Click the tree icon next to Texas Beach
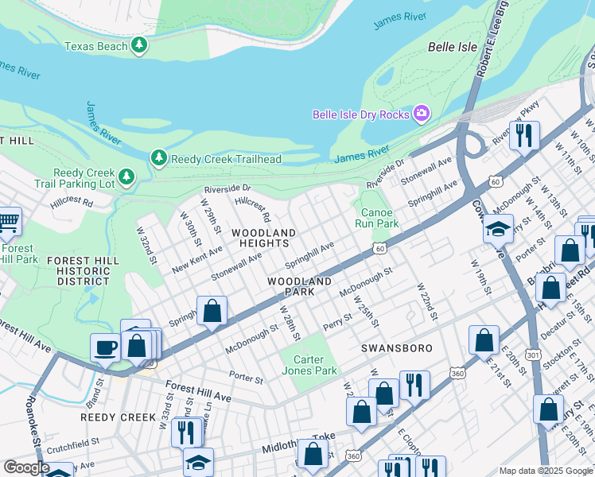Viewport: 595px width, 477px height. (140, 45)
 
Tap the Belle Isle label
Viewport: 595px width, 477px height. (453, 47)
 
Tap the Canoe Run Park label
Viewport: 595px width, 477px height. (377, 218)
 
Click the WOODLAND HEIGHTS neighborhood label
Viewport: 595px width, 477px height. (263, 238)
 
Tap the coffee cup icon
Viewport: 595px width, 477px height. (105, 347)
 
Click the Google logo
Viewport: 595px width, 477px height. (26, 467)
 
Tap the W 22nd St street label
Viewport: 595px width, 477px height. (426, 301)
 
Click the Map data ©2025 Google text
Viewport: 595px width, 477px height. (545, 471)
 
